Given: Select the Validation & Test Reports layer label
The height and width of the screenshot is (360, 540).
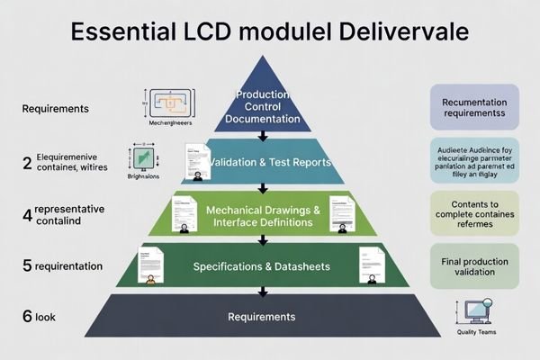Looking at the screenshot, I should pyautogui.click(x=270, y=163).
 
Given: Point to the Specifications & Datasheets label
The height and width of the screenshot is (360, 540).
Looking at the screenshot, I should pyautogui.click(x=262, y=267).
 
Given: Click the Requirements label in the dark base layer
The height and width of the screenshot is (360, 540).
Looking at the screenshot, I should pyautogui.click(x=262, y=317).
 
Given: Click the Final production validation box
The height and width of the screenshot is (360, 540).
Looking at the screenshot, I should pyautogui.click(x=474, y=266).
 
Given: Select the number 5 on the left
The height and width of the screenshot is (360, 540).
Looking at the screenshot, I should pyautogui.click(x=27, y=266).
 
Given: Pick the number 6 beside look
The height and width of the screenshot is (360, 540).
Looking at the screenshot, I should pyautogui.click(x=27, y=316).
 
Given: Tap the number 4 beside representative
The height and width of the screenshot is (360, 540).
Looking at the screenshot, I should pyautogui.click(x=27, y=215).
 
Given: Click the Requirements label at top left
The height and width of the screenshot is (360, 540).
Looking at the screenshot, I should pyautogui.click(x=56, y=109).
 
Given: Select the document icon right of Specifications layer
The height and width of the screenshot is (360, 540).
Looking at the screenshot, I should pyautogui.click(x=370, y=265).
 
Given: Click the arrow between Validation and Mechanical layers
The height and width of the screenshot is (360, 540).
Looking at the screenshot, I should pyautogui.click(x=262, y=188).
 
